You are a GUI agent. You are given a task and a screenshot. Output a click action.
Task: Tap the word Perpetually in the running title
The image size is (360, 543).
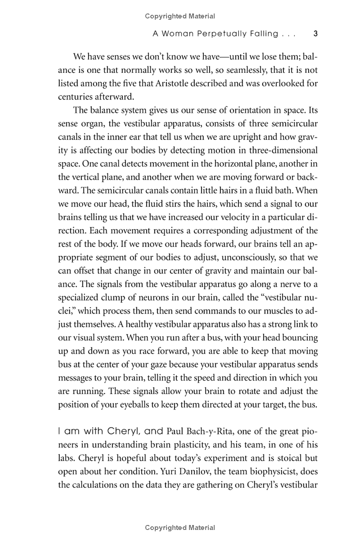click(225, 34)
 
